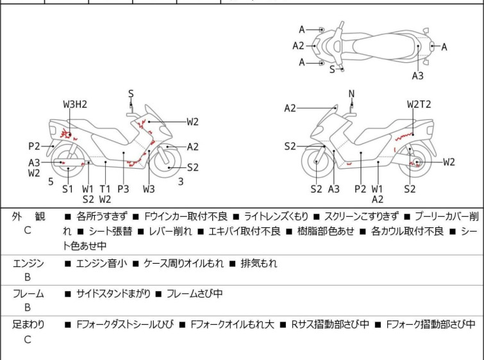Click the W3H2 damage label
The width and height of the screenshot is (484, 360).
(75, 104)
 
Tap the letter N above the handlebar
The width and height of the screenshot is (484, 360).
(351, 94)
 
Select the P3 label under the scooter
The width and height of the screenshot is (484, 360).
(123, 189)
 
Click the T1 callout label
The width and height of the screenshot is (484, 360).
(105, 189)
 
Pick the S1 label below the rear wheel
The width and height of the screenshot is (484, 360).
(68, 189)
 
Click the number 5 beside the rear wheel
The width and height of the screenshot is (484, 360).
(51, 182)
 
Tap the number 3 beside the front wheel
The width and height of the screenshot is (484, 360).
(181, 182)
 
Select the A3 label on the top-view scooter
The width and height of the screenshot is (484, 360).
(417, 76)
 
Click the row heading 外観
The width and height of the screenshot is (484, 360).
(28, 217)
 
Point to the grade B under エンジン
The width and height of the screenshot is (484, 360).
(28, 277)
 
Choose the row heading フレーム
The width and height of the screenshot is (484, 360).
(28, 294)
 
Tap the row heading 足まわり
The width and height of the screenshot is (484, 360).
(28, 325)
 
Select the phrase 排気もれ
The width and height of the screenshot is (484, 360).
(259, 263)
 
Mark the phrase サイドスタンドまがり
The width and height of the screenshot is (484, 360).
(112, 294)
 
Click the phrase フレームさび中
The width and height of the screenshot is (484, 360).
(194, 294)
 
